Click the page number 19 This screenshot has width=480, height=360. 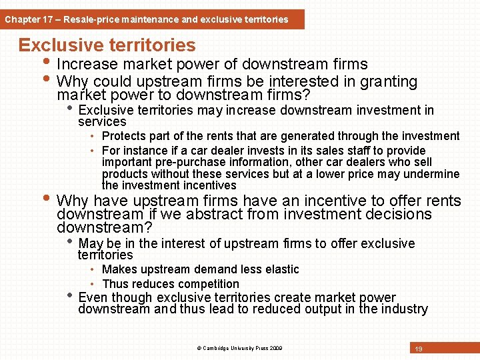pyautogui.click(x=419, y=349)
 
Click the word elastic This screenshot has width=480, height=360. pyautogui.click(x=281, y=269)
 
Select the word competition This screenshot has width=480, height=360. pyautogui.click(x=206, y=283)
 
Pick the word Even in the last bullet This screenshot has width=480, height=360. pyautogui.click(x=93, y=297)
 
